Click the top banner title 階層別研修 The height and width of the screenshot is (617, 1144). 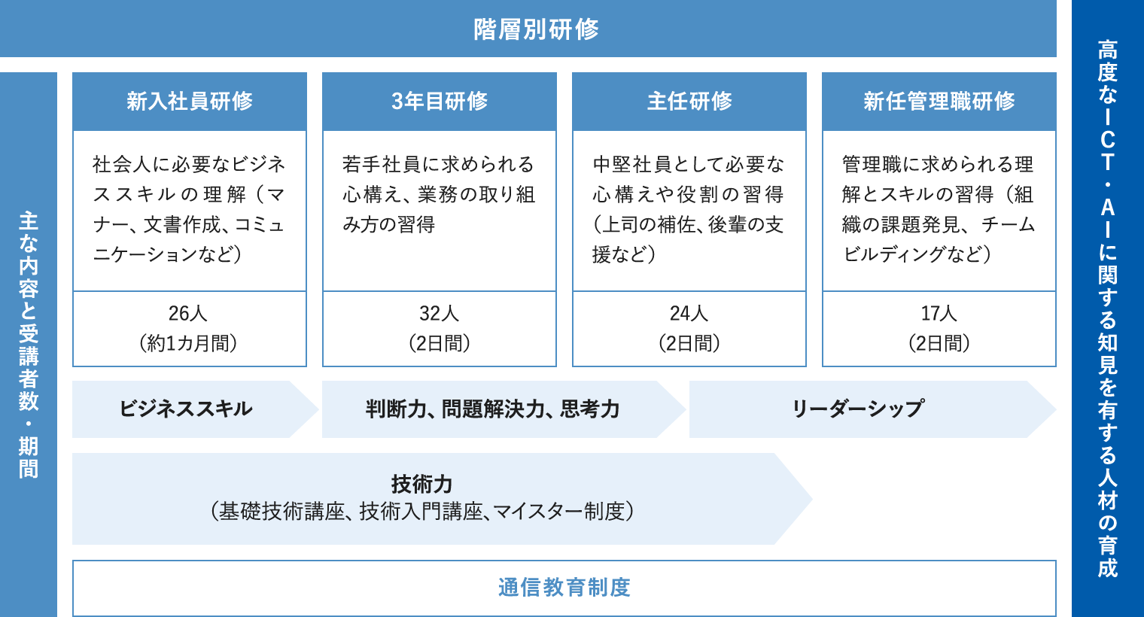coord(536,29)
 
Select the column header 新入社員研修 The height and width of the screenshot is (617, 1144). coord(190,101)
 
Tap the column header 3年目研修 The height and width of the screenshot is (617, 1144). coord(440,101)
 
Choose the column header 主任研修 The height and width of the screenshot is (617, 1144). coord(689,101)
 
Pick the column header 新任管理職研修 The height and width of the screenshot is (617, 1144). coord(939,101)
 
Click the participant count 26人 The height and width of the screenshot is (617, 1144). coord(188,313)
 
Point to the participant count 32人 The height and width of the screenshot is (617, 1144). coord(439,313)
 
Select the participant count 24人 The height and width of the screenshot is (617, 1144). coord(689,313)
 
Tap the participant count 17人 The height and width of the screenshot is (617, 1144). coord(939,313)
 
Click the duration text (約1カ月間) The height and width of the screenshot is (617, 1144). coord(188,343)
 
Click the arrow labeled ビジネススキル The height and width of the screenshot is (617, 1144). coord(195,409)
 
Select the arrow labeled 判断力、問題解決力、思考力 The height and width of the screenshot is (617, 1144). coord(504,409)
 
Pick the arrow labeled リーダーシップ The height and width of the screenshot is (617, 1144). coord(873,409)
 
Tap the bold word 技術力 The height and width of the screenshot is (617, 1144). coord(421,484)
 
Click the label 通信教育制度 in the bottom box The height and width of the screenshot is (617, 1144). coord(564,588)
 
